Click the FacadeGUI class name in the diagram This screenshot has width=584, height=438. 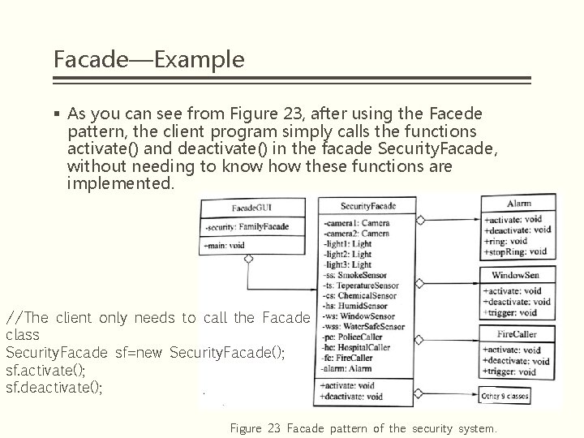click(251, 208)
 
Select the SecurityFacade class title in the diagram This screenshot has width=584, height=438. click(367, 206)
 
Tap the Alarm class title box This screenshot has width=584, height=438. click(518, 203)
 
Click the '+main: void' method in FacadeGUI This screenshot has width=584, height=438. click(225, 244)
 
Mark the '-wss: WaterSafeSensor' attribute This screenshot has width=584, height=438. click(363, 327)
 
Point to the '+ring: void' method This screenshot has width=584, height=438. click(506, 241)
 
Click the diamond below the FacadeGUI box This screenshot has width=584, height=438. click(248, 260)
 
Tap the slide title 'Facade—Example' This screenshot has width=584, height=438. click(148, 59)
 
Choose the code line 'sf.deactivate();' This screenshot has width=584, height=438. click(54, 387)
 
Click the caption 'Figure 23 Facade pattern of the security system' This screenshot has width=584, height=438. click(363, 427)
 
